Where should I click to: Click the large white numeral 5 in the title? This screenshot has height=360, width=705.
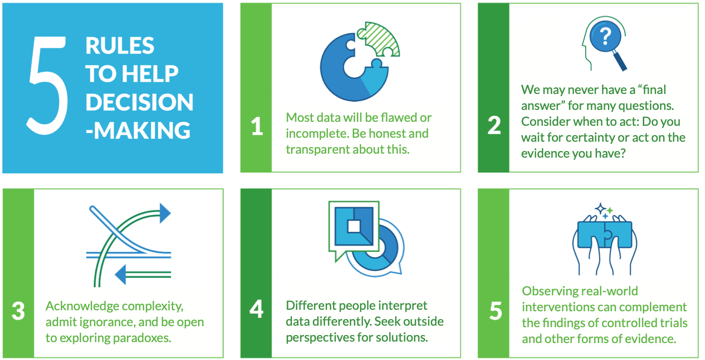(x=47, y=86)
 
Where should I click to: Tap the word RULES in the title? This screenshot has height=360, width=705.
(x=120, y=46)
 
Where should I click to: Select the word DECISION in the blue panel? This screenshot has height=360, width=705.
(x=139, y=102)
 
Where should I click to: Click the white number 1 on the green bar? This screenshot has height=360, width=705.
(x=257, y=126)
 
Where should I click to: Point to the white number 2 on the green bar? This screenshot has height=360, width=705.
(x=494, y=125)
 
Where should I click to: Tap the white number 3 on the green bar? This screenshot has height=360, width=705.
(x=18, y=311)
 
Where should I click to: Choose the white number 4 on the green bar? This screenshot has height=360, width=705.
(x=257, y=309)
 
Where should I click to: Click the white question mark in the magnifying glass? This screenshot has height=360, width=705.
(x=605, y=36)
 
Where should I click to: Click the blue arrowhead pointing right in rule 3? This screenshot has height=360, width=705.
(x=165, y=213)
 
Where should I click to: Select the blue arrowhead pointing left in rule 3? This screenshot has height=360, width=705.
(x=120, y=274)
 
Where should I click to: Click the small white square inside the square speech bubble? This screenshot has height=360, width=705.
(x=354, y=226)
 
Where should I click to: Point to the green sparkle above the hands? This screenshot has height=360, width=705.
(x=610, y=210)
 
